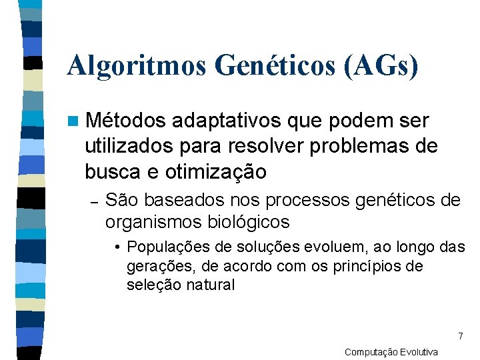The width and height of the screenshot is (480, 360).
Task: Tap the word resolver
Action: tap(273, 146)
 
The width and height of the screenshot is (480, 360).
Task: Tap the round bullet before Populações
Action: tap(117, 247)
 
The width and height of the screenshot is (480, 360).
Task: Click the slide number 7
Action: tap(460, 336)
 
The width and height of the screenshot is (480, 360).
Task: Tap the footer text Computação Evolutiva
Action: tap(391, 352)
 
